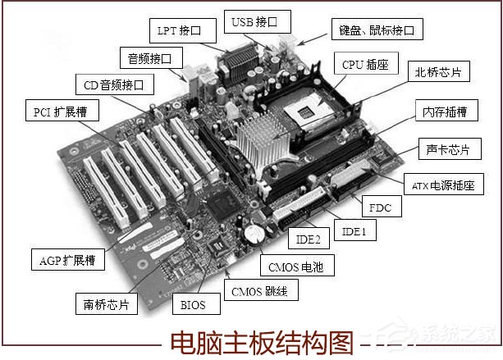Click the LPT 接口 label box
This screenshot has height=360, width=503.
185,31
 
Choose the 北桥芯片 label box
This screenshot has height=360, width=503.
438,72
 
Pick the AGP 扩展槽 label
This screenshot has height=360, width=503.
67,261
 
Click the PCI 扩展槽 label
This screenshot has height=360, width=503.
59,112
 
